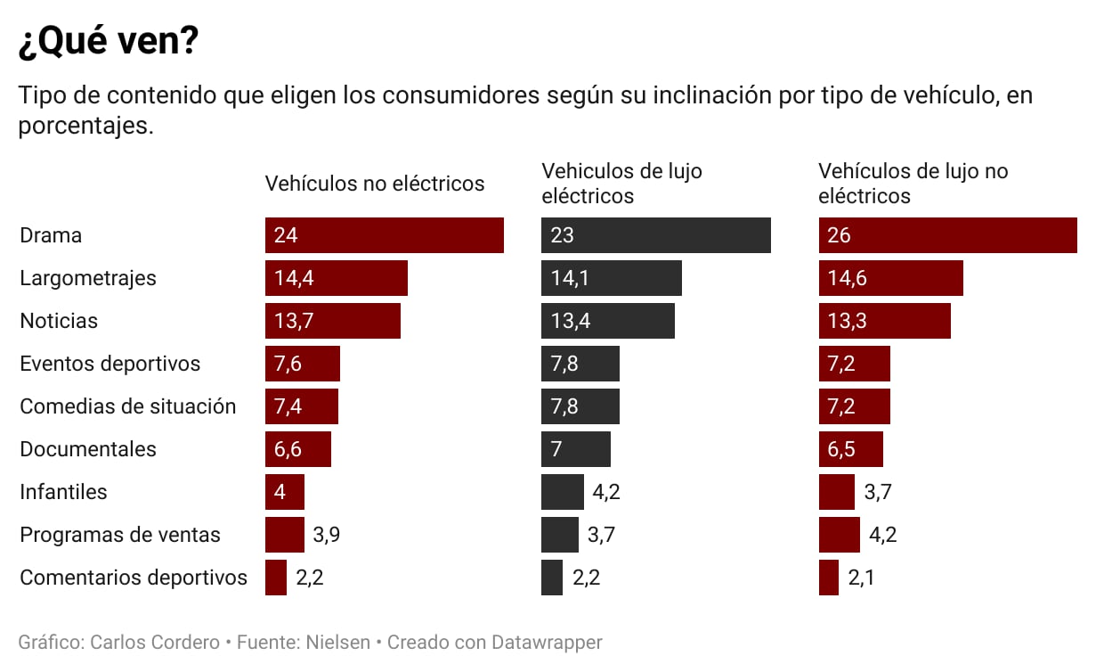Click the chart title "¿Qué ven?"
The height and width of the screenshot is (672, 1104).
click(x=108, y=42)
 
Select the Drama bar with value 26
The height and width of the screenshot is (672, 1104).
click(x=947, y=235)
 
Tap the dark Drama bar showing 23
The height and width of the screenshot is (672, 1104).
click(x=655, y=235)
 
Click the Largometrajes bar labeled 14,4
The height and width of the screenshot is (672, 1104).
click(x=336, y=278)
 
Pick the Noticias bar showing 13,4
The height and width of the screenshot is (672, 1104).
click(x=607, y=321)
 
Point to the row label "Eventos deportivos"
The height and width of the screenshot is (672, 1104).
click(x=110, y=364)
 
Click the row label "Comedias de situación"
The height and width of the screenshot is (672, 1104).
click(x=128, y=406)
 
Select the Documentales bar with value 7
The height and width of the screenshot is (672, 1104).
click(x=575, y=449)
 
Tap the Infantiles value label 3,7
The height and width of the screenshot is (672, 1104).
click(x=878, y=492)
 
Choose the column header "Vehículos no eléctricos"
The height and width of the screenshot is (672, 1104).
click(x=375, y=184)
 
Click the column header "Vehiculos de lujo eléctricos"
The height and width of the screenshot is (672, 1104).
click(x=621, y=183)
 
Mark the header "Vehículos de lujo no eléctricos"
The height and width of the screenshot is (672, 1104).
click(x=913, y=183)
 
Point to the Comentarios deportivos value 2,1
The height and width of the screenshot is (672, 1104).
click(x=861, y=578)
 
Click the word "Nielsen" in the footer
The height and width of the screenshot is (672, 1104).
click(x=337, y=642)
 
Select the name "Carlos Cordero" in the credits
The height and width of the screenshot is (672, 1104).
click(x=155, y=642)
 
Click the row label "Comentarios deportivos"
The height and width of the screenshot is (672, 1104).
click(x=134, y=578)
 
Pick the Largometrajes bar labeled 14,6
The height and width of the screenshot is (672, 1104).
click(x=890, y=278)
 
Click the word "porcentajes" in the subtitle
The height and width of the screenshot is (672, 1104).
click(x=84, y=127)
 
